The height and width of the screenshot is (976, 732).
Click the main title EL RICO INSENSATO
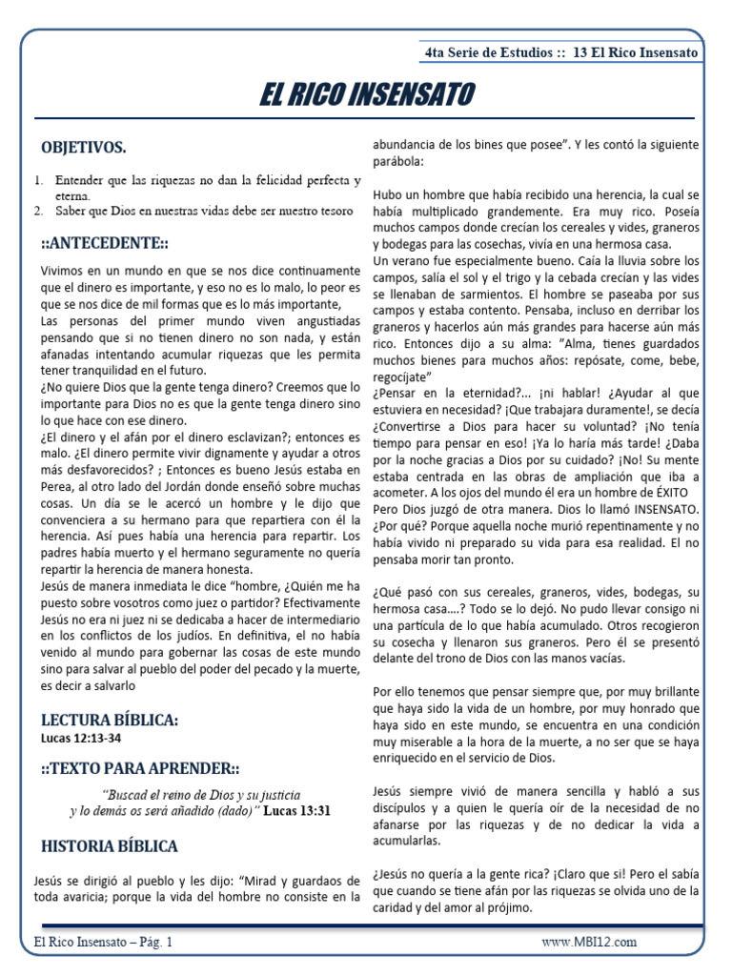366,95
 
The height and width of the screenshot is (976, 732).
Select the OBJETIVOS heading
83,148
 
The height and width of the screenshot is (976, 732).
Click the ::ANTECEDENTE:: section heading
103,242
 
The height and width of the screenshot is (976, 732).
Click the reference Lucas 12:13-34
81,738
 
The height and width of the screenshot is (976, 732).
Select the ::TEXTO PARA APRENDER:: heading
140,768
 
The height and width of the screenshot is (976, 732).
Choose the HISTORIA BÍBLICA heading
109,845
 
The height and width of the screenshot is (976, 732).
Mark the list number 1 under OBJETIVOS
39,179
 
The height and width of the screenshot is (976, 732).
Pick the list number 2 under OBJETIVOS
39,211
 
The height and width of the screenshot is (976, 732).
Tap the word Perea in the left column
56,484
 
